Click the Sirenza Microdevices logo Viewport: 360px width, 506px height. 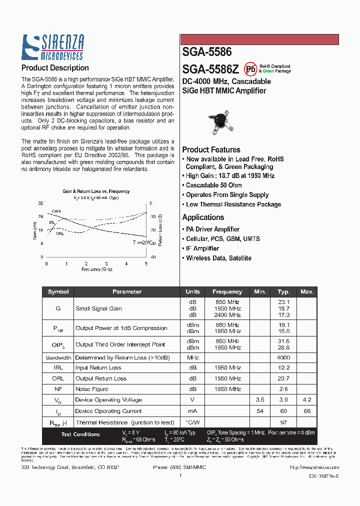(52, 47)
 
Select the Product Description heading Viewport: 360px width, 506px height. (55, 68)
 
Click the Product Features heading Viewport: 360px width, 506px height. (211, 149)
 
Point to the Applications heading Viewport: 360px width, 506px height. (203, 217)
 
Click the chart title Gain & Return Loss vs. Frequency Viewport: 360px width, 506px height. (95, 191)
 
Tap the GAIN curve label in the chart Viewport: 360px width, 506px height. (56, 211)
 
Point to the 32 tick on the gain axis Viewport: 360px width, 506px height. (41, 203)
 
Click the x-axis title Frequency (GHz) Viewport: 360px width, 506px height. (97, 269)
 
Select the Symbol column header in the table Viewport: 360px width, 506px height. (58, 292)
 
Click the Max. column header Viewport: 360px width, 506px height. (306, 292)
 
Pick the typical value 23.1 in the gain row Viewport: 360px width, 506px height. (283, 302)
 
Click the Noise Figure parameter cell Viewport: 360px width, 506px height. (91, 389)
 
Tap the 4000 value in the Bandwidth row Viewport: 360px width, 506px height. (283, 358)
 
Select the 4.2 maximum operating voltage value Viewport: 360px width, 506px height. (306, 400)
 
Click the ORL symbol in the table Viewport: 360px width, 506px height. (58, 378)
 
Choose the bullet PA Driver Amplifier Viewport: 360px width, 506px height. (212, 229)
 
